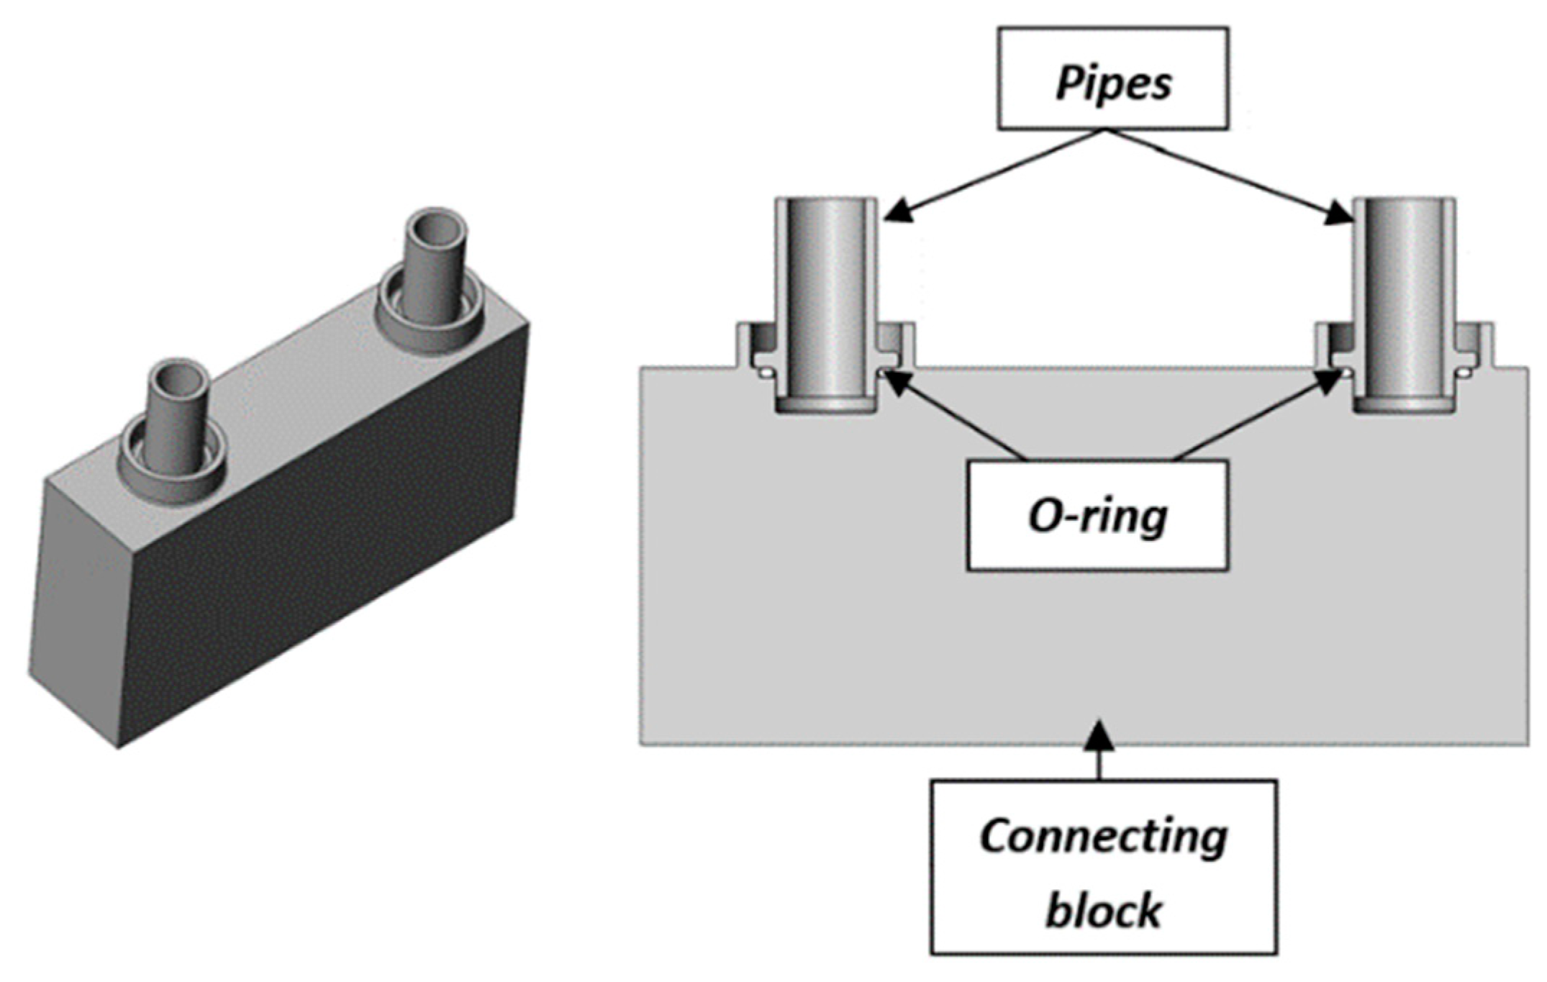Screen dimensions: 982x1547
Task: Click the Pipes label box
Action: tap(1112, 79)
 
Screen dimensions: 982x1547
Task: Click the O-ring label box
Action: tap(1097, 516)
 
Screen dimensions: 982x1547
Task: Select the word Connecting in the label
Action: tap(1103, 837)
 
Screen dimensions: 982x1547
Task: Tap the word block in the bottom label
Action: tap(1102, 909)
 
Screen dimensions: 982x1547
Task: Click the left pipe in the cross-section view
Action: tap(826, 288)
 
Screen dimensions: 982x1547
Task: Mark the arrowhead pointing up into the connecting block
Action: tap(1099, 734)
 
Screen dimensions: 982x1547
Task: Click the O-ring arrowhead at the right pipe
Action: tap(1331, 382)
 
